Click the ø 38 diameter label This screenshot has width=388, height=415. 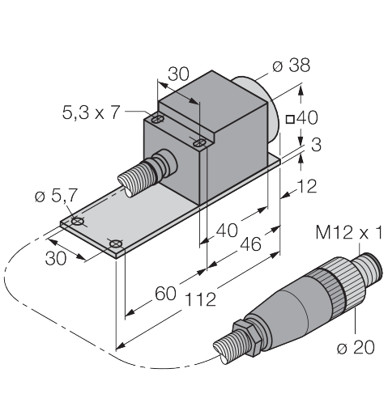pos(291,66)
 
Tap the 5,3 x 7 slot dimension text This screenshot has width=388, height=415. pos(91,112)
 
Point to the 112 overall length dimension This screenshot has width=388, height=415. pos(201,299)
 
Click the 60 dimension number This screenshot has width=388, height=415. pos(165,294)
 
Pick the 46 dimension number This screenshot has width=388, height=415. pos(250,244)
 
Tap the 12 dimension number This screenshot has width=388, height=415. pos(306,186)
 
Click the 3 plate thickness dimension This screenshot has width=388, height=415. pos(316,145)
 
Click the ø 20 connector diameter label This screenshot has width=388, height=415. pos(356,347)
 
